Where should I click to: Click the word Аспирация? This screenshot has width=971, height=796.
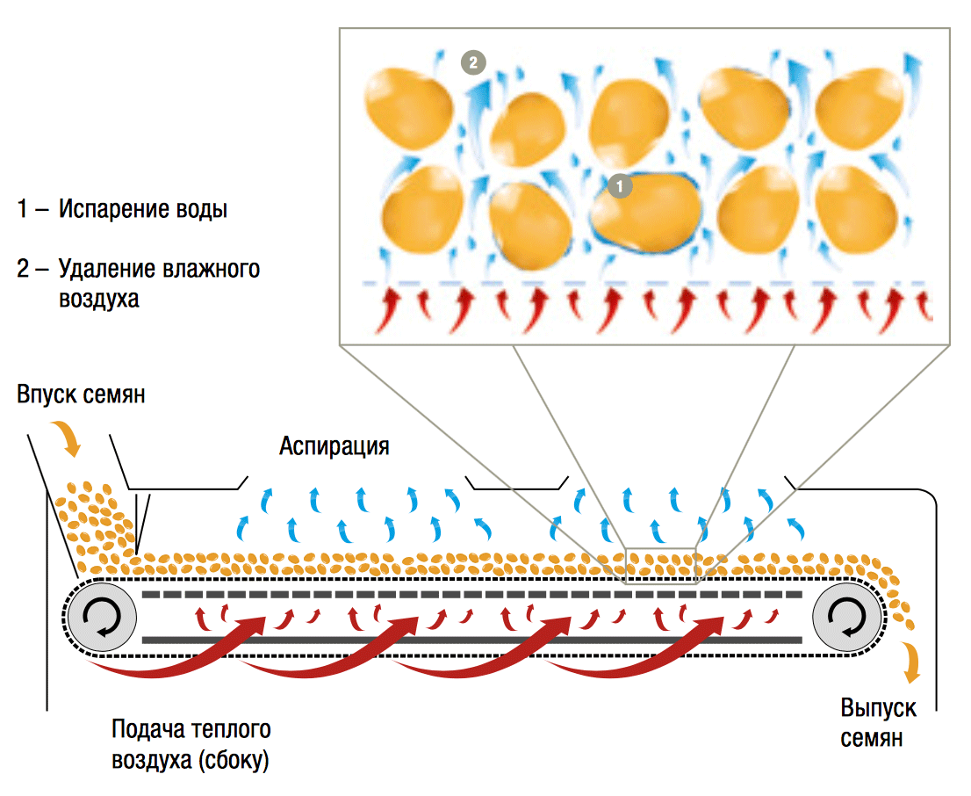tap(334, 446)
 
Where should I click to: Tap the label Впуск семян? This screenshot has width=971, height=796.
tap(80, 394)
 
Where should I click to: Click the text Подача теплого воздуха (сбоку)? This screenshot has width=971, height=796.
tap(191, 743)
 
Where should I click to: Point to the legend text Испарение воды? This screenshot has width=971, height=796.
tap(143, 210)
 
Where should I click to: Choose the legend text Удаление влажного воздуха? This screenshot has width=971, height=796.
tap(158, 282)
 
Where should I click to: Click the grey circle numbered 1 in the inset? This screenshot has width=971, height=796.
tap(620, 186)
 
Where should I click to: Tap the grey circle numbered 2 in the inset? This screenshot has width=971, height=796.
tap(473, 62)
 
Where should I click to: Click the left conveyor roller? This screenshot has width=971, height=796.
tap(100, 618)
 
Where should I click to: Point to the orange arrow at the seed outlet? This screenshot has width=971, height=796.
tap(914, 661)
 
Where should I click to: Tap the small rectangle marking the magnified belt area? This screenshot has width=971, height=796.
tap(660, 566)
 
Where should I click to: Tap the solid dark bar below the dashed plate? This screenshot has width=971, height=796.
tap(471, 640)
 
